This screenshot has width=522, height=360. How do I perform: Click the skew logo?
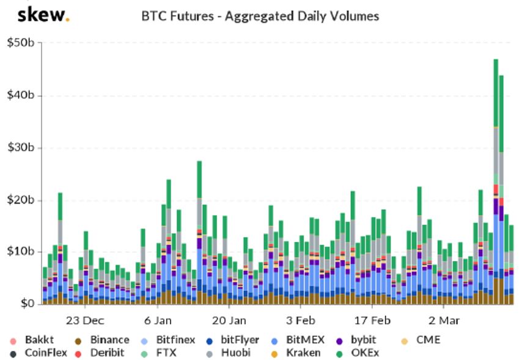(43, 15)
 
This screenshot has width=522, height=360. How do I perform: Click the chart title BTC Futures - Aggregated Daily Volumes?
(260, 16)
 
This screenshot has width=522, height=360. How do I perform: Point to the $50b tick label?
(20, 43)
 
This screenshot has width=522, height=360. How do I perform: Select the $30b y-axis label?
(20, 147)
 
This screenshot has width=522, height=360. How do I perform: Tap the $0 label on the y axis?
(28, 303)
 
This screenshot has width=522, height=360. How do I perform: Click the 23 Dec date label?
(85, 320)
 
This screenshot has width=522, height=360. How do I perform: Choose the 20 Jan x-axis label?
(229, 320)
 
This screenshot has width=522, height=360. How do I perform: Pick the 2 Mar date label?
(444, 320)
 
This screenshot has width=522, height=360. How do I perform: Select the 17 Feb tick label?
(372, 320)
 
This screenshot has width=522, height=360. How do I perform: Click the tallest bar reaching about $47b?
(496, 182)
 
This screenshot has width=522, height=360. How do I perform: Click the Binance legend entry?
(102, 340)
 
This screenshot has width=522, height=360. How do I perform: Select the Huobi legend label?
(236, 353)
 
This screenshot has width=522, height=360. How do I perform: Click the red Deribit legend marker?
(78, 354)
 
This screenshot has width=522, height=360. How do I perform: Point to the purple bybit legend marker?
(339, 341)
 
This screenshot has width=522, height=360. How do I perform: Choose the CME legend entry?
(421, 340)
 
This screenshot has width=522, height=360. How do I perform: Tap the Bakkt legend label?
(39, 340)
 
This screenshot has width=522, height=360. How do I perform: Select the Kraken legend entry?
(296, 353)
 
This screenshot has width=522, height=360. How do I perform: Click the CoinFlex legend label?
(46, 353)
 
